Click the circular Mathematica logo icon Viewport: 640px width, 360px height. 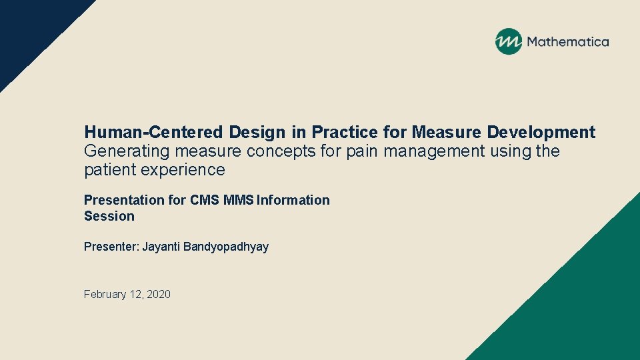coord(508,41)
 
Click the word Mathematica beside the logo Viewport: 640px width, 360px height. coord(568,42)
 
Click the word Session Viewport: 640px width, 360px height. coord(109,216)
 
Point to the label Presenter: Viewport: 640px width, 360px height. coord(111,247)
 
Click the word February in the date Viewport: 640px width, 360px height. coord(104,294)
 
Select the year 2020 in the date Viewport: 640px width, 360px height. coord(158,294)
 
